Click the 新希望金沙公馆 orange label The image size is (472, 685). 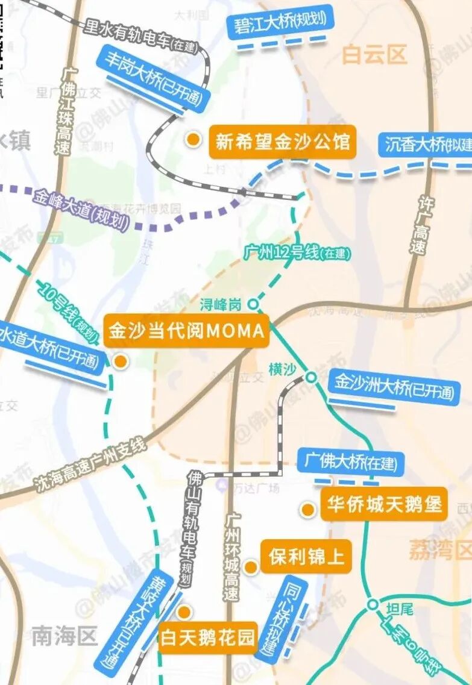tap(282, 142)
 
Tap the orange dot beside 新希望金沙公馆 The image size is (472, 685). tap(193, 140)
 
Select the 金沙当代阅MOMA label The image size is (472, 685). tap(186, 331)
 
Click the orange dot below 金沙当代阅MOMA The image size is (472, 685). tap(121, 361)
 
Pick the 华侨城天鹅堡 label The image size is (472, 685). tap(384, 504)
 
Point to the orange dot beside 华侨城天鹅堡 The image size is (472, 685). tap(308, 510)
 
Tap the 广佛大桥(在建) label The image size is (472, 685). tap(351, 463)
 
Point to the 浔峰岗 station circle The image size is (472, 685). tap(253, 305)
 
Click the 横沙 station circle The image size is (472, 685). tap(310, 377)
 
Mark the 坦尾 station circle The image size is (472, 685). tap(373, 604)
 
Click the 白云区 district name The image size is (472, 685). tap(374, 55)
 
